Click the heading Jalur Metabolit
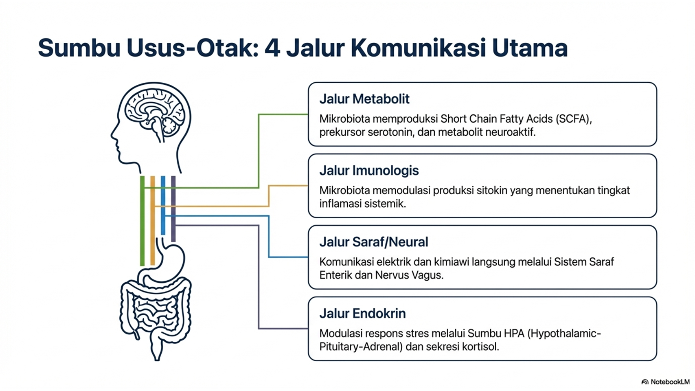[x=364, y=99]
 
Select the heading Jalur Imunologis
[x=369, y=171]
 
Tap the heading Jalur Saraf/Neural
[x=374, y=242]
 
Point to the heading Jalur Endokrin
[x=362, y=314]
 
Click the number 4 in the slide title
[x=272, y=48]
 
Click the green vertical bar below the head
[x=143, y=221]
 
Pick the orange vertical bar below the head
[x=153, y=221]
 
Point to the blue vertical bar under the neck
[x=163, y=205]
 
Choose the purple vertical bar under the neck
[x=173, y=209]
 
